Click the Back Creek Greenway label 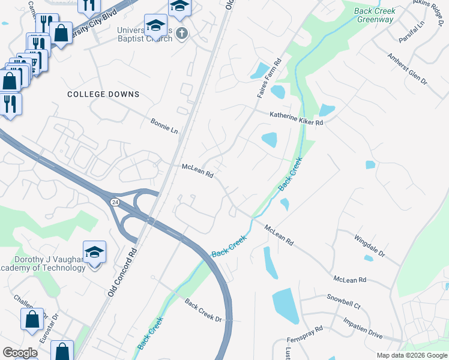375,15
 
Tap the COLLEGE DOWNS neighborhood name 103,94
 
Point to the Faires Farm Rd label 269,79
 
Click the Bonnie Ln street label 164,126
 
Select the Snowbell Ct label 343,301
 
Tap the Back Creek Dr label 203,310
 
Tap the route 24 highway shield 114,203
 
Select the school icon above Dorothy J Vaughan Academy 95,252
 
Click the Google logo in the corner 20,353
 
